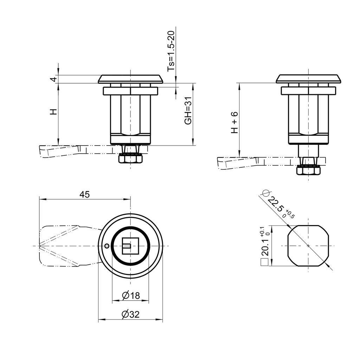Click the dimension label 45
[84, 194]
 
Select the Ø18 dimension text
[131, 296]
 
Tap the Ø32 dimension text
[131, 315]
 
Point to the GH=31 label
[188, 111]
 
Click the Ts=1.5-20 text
[171, 51]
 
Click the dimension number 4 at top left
[53, 79]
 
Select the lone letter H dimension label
[53, 112]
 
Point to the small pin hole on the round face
[107, 246]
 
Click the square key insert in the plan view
[130, 246]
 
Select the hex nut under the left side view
[130, 159]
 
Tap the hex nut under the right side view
[308, 171]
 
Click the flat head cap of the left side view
[130, 79]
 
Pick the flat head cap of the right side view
[308, 79]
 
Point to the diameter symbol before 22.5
[266, 193]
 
